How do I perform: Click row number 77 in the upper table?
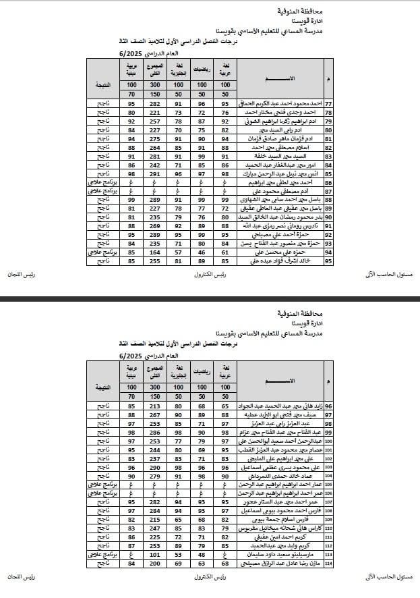pyautogui.click(x=328, y=105)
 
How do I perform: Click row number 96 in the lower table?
pyautogui.click(x=328, y=406)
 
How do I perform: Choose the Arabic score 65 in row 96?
pyautogui.click(x=224, y=406)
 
